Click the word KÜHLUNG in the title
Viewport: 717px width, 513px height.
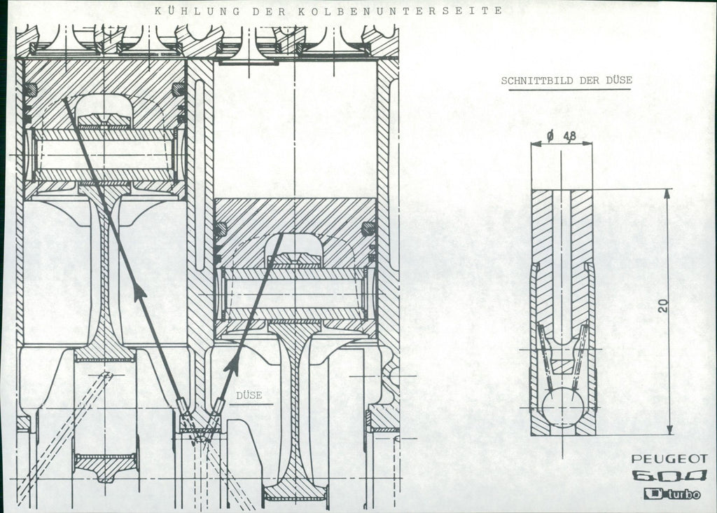click(197, 11)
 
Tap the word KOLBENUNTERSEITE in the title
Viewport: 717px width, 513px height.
click(401, 11)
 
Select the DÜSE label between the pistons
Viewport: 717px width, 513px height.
click(249, 395)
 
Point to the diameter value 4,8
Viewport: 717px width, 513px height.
click(570, 136)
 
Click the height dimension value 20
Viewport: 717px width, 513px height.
click(663, 306)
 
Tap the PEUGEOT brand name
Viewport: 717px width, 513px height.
click(669, 459)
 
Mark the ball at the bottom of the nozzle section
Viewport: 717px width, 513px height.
click(563, 404)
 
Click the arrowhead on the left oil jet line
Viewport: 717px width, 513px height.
click(139, 291)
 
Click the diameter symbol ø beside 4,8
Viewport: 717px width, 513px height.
click(550, 136)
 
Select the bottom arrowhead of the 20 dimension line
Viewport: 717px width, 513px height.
click(669, 430)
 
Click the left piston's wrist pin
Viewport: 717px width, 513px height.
click(104, 155)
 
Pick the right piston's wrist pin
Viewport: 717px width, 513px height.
click(295, 294)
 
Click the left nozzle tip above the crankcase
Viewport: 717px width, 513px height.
click(181, 404)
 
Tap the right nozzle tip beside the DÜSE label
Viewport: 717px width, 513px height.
click(218, 404)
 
